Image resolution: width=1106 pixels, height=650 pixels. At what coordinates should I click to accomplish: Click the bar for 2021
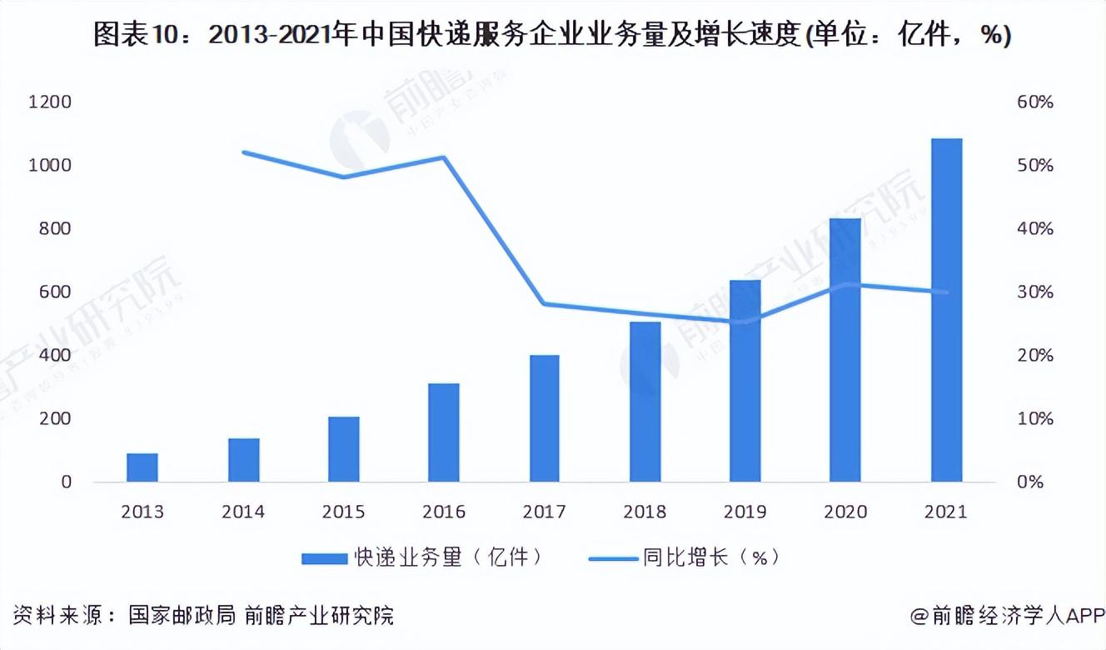point(946,310)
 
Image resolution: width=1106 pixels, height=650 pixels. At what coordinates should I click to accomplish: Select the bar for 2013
point(142,467)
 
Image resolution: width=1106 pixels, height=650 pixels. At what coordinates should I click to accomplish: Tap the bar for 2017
point(544,418)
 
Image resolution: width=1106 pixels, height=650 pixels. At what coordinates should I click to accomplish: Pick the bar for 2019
point(745,381)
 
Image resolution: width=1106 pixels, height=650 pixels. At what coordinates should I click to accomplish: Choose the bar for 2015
point(343,449)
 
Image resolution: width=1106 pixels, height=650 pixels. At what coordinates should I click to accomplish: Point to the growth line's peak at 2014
point(243,152)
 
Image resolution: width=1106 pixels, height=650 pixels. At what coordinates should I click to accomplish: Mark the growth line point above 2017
point(544,303)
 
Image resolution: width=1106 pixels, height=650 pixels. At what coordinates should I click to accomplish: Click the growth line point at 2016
point(444,157)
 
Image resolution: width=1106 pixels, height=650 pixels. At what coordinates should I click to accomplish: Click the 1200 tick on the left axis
point(50,102)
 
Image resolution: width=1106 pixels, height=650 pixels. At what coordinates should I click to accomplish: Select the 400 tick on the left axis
point(55,356)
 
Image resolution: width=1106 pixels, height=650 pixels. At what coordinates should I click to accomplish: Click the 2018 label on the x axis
point(645,512)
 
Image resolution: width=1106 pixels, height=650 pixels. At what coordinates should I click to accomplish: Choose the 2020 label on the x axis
point(845,512)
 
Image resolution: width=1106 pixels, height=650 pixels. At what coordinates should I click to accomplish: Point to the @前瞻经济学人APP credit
point(1006,616)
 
